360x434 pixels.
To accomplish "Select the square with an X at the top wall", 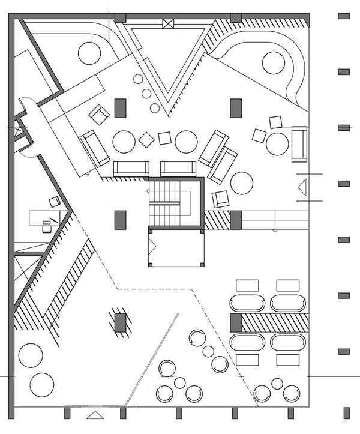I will (x=167, y=24).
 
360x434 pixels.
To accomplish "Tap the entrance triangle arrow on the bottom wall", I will (x=94, y=415).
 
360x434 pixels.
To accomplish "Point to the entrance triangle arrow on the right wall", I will (x=303, y=187).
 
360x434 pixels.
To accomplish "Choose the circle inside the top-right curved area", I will (x=272, y=62).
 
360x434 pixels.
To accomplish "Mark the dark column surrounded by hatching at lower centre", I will (x=121, y=322).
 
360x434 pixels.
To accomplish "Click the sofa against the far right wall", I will (x=299, y=144).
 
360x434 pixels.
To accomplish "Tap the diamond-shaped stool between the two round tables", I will (x=146, y=140).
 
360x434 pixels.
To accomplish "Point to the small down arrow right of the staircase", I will (x=275, y=229).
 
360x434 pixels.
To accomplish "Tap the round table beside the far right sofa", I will (x=278, y=143).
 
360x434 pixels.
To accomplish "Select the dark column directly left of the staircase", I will (x=121, y=220).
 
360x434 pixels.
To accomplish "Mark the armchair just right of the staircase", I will (x=221, y=199).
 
